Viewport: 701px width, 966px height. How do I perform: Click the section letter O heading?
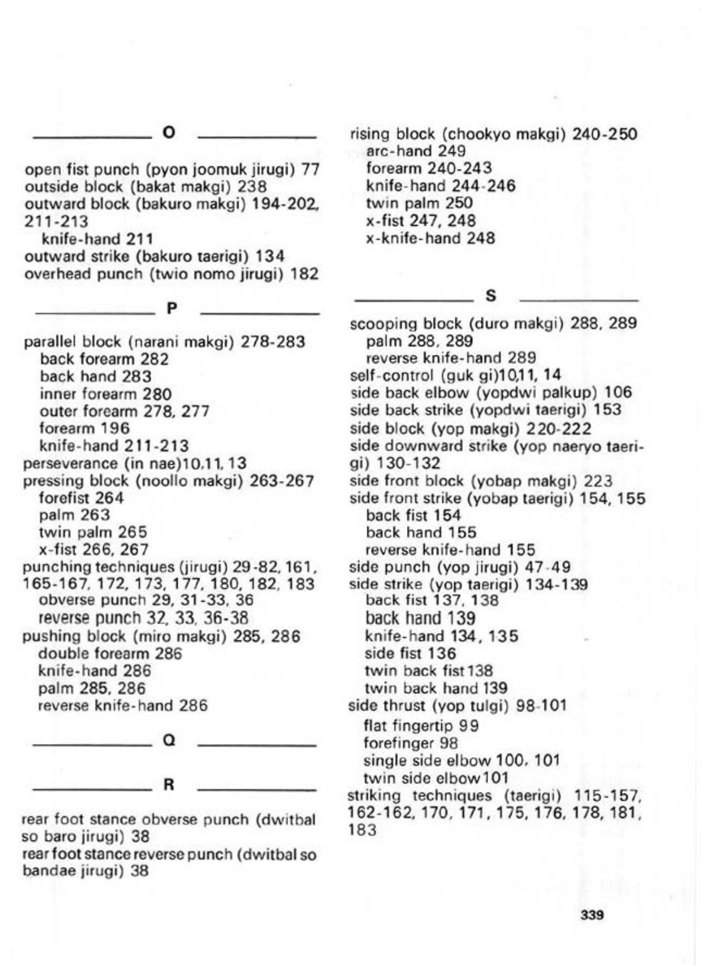click(168, 132)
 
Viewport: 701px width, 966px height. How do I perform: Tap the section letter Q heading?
click(168, 741)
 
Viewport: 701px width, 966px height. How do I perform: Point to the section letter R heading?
click(168, 785)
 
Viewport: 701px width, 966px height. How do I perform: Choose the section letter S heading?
click(490, 297)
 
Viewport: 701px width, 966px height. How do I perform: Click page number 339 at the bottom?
click(592, 915)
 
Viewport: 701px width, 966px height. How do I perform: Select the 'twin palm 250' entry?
click(419, 203)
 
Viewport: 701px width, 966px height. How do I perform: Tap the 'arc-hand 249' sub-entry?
click(416, 150)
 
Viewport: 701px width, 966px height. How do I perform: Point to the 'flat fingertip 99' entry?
click(420, 725)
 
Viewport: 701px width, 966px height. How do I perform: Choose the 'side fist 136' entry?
click(410, 653)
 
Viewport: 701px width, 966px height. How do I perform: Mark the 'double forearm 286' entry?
click(110, 653)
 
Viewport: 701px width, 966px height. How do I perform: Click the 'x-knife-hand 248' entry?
click(430, 238)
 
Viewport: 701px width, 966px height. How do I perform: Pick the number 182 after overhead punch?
click(305, 274)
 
